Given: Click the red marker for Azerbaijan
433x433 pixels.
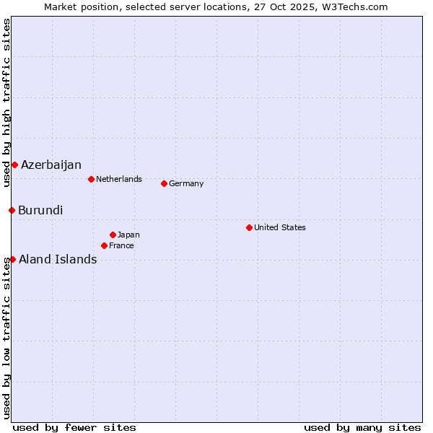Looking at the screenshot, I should point(14,165).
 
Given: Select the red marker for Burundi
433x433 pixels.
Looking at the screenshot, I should point(12,210).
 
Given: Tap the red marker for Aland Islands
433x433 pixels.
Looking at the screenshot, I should point(12,259).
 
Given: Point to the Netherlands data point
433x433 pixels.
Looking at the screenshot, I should point(91,179).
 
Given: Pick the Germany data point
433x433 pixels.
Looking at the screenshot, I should point(164,183).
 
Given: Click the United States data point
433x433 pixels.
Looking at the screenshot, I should point(249,227).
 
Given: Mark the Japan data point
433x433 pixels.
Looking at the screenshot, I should point(113,235).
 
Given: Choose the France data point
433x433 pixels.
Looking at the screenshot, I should point(104,245).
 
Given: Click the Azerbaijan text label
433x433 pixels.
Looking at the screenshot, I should point(51,165).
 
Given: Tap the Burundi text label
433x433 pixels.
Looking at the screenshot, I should point(40,211).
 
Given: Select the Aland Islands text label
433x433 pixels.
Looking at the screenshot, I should point(58,260).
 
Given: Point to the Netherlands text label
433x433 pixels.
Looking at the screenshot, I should point(119,179).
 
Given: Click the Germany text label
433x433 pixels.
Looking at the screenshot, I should point(186,183).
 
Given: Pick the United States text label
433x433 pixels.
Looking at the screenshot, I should point(280,227).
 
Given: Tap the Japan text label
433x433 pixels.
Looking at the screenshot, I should point(128,235).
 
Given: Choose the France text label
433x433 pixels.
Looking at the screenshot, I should point(121,245).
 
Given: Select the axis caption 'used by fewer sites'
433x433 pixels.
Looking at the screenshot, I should point(74,427).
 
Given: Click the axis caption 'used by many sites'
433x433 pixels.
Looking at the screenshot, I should point(362,427).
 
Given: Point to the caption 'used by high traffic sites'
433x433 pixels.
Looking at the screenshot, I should point(6,102).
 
